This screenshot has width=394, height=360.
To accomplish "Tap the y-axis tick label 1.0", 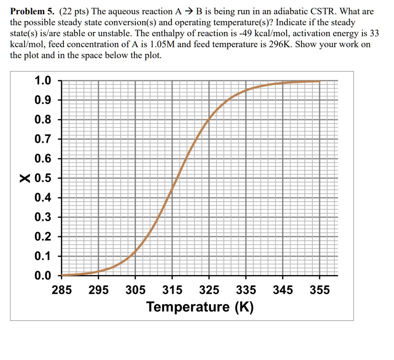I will (x=43, y=81).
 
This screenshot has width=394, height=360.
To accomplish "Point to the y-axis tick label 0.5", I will (x=43, y=178).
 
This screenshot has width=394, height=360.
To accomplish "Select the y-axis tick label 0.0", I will (x=43, y=276).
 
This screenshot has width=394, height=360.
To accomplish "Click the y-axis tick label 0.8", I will (x=43, y=120).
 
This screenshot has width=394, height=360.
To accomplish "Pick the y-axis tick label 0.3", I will (x=43, y=217).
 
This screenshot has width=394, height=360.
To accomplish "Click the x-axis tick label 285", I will (x=62, y=290).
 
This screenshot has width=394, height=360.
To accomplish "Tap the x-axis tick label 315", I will (x=172, y=290).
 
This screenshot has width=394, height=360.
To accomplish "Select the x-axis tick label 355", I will (x=320, y=290).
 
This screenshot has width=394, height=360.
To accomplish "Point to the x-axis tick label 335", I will (x=246, y=290).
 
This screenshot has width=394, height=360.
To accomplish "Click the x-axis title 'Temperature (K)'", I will (x=200, y=307).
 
